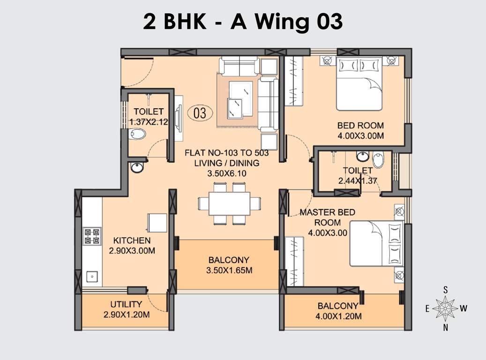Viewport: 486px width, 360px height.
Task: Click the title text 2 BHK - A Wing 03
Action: (x=243, y=22)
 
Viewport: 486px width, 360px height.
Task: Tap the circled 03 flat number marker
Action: (x=200, y=113)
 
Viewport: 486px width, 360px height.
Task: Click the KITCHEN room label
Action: (x=132, y=241)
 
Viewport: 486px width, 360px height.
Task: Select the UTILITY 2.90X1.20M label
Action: (x=126, y=309)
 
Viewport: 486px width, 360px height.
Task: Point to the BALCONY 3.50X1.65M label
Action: (x=229, y=265)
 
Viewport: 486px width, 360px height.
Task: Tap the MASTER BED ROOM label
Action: (x=327, y=217)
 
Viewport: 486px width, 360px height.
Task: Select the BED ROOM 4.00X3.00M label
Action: (x=360, y=130)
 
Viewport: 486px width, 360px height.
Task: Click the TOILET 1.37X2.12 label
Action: (x=149, y=117)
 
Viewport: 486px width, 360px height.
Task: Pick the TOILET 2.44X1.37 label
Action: (x=358, y=175)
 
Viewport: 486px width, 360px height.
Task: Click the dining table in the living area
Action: (x=229, y=203)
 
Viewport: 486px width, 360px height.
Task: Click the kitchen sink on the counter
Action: (x=92, y=277)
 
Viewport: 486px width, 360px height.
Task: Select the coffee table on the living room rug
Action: (x=242, y=99)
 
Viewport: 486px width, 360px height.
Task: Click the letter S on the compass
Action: (x=446, y=290)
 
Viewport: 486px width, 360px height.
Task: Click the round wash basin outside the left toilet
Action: (x=137, y=168)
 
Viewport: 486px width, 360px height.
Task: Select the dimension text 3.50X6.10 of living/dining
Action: (x=227, y=173)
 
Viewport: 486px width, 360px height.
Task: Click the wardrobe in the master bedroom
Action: (x=294, y=261)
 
